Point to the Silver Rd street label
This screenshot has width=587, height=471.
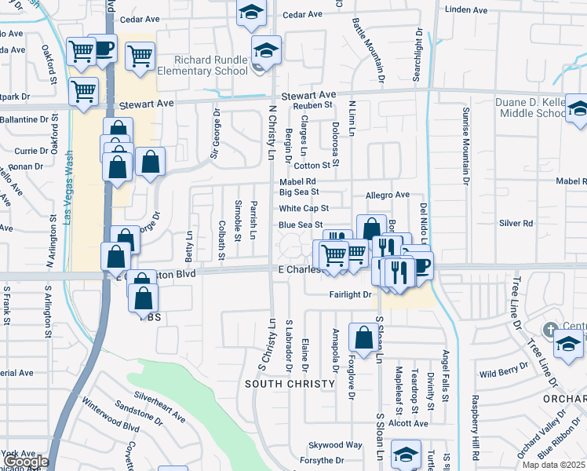pos(516,224)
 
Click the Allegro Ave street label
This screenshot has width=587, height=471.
pos(388,195)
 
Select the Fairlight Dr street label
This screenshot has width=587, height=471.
pos(350,294)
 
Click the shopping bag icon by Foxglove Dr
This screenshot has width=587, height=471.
pos(364,337)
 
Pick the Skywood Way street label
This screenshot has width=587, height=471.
pos(335,444)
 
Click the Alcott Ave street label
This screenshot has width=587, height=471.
pos(410,423)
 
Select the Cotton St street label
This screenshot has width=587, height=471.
pos(312,166)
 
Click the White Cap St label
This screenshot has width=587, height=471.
pos(303,209)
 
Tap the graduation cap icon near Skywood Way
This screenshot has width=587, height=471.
pos(407,455)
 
